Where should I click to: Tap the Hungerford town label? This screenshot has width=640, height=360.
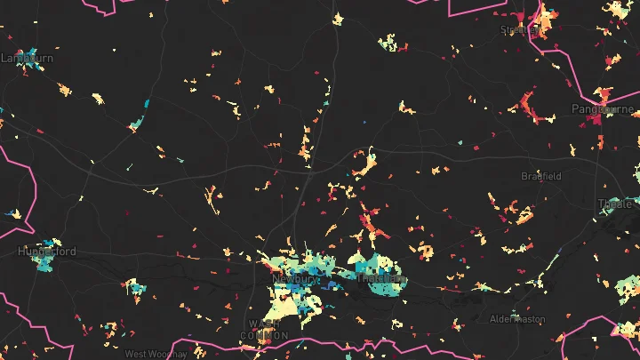[47, 252]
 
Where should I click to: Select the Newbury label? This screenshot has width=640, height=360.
[294, 278]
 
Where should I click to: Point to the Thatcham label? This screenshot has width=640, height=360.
[380, 278]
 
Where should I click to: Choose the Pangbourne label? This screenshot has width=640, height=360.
[601, 108]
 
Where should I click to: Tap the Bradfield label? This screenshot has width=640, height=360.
[541, 176]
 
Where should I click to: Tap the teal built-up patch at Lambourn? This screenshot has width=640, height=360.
[33, 56]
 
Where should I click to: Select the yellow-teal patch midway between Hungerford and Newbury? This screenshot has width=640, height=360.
[134, 287]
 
